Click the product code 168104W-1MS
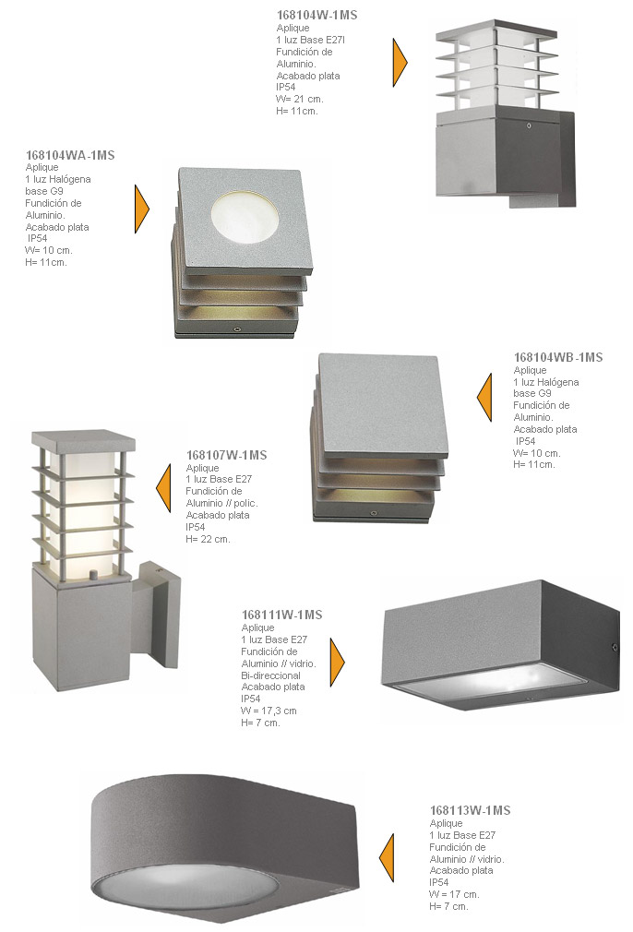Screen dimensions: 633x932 pyautogui.click(x=316, y=15)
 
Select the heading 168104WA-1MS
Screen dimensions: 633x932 pyautogui.click(x=70, y=155)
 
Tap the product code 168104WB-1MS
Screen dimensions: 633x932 pyautogui.click(x=558, y=357)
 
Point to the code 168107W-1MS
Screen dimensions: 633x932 pyautogui.click(x=226, y=455)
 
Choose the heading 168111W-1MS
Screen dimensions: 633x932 pyautogui.click(x=281, y=615)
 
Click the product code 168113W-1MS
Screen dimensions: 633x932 pyautogui.click(x=471, y=810)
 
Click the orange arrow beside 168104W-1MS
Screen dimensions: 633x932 pyautogui.click(x=400, y=63)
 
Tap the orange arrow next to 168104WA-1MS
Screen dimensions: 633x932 pyautogui.click(x=142, y=209)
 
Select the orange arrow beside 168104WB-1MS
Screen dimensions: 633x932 pyautogui.click(x=484, y=398)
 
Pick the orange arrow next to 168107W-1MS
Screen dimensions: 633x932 pyautogui.click(x=163, y=488)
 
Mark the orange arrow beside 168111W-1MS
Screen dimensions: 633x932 pyautogui.click(x=338, y=663)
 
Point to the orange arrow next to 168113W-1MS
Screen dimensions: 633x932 pyautogui.click(x=387, y=857)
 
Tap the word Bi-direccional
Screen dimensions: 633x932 pyautogui.click(x=270, y=675)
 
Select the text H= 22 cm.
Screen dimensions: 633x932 pyautogui.click(x=208, y=539)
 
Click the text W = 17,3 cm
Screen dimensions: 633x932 pyautogui.click(x=269, y=711)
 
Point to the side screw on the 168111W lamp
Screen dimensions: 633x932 pyautogui.click(x=615, y=647)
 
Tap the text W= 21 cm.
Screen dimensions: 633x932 pyautogui.click(x=300, y=99)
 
